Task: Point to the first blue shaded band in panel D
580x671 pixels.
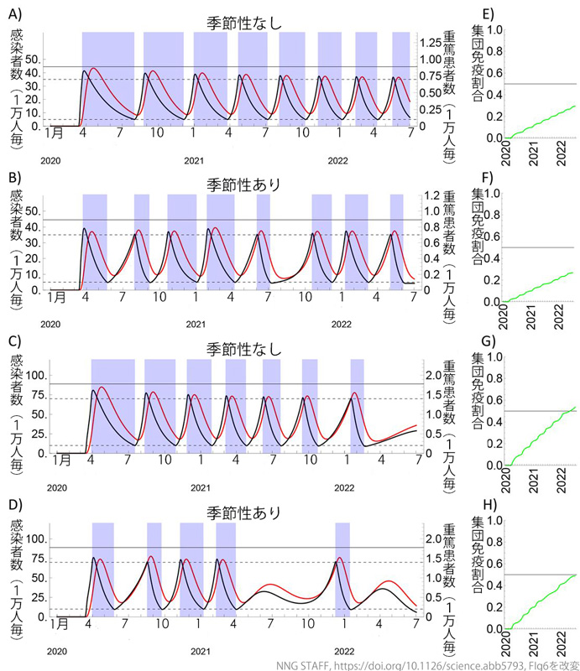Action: coord(102,570)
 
